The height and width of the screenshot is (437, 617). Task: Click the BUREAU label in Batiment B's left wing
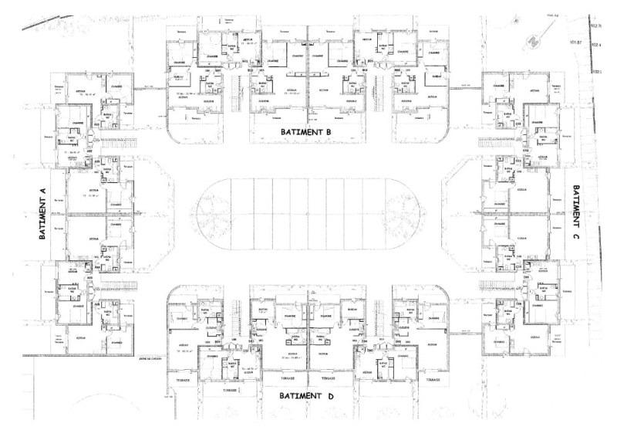coord(177,77)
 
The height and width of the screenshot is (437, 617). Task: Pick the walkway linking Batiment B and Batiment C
coord(466,86)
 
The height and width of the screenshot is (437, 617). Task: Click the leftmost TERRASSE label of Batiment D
coord(184,381)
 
